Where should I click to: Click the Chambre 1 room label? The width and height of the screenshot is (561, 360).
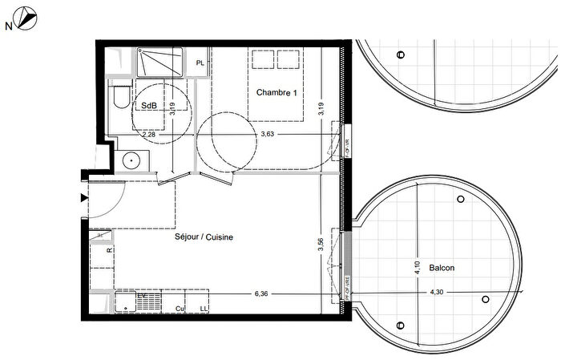pyautogui.click(x=276, y=93)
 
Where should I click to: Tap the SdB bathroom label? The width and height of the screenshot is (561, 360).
pyautogui.click(x=148, y=106)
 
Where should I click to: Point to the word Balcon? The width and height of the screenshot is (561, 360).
pyautogui.click(x=442, y=268)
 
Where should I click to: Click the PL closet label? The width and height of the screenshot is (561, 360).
pyautogui.click(x=200, y=62)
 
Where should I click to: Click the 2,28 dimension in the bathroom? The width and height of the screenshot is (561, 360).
pyautogui.click(x=150, y=135)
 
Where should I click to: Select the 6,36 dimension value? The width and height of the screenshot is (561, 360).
pyautogui.click(x=261, y=294)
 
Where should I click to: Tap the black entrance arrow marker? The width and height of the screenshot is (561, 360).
pyautogui.click(x=83, y=198)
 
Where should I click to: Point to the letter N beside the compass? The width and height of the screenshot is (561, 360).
pyautogui.click(x=8, y=26)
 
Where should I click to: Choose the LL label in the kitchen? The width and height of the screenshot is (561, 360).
pyautogui.click(x=204, y=308)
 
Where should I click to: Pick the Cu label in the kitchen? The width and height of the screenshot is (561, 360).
pyautogui.click(x=180, y=308)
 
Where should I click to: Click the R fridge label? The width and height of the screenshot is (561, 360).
pyautogui.click(x=109, y=251)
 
